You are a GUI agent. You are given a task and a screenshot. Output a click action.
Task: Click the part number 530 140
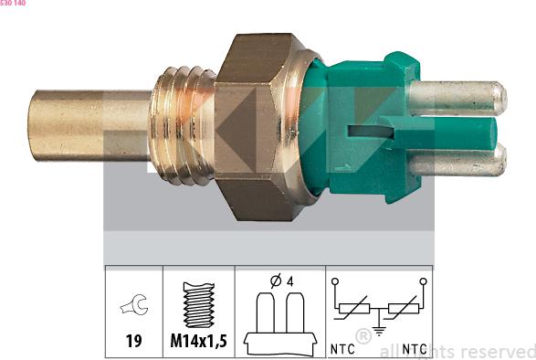13,4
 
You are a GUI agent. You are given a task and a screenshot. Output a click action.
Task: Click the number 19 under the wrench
133,342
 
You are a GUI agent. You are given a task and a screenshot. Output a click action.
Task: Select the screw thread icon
198,303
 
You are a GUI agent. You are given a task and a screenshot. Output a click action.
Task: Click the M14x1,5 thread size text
198,342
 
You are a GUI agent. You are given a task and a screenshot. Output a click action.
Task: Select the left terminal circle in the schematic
336,281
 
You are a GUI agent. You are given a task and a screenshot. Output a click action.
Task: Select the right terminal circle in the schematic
423,281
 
